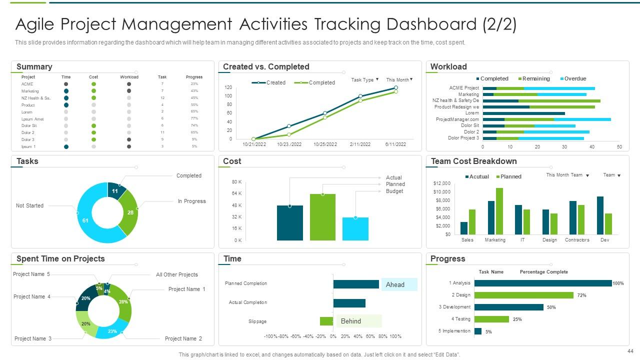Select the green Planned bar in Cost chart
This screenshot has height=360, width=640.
(322, 217)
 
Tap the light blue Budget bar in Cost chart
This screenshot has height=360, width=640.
(355, 228)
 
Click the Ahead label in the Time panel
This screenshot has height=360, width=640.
(398, 284)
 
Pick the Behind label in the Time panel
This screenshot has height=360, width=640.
(357, 321)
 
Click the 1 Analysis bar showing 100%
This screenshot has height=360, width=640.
(542, 283)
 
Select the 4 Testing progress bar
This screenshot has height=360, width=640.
(491, 319)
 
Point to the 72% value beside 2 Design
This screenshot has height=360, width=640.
(581, 295)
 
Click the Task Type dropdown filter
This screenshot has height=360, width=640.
(365, 80)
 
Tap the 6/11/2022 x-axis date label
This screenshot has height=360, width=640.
(395, 144)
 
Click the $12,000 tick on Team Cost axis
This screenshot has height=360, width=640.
(441, 183)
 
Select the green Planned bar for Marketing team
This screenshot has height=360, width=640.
(499, 211)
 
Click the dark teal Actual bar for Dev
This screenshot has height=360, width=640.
(600, 215)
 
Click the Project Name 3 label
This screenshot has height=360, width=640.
(33, 338)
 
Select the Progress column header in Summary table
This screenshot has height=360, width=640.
(194, 77)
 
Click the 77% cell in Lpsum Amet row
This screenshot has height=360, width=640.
(194, 118)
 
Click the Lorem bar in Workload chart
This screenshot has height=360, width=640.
(523, 113)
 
